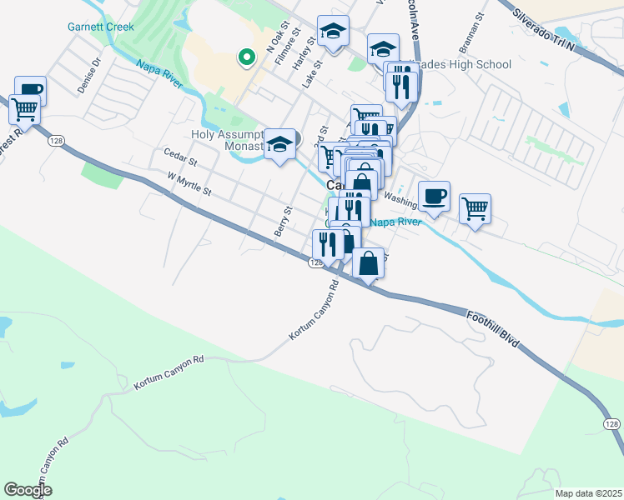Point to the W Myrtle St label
190,184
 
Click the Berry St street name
284,220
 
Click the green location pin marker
245,57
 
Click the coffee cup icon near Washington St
434,197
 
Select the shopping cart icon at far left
25,107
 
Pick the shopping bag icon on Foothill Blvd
368,263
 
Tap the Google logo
28,490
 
